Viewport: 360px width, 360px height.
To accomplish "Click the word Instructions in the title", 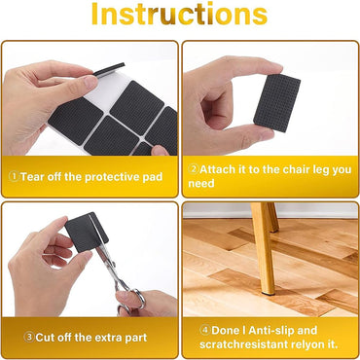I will pos(179,15).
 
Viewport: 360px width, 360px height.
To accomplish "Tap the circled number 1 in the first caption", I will pos(13,177).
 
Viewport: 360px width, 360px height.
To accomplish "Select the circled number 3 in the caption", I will pos(13,337).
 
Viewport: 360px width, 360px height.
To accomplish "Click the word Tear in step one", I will pos(31,177).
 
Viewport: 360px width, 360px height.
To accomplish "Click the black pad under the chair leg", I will pos(267,291).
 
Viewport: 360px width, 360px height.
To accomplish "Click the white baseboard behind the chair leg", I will pos(311,210).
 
